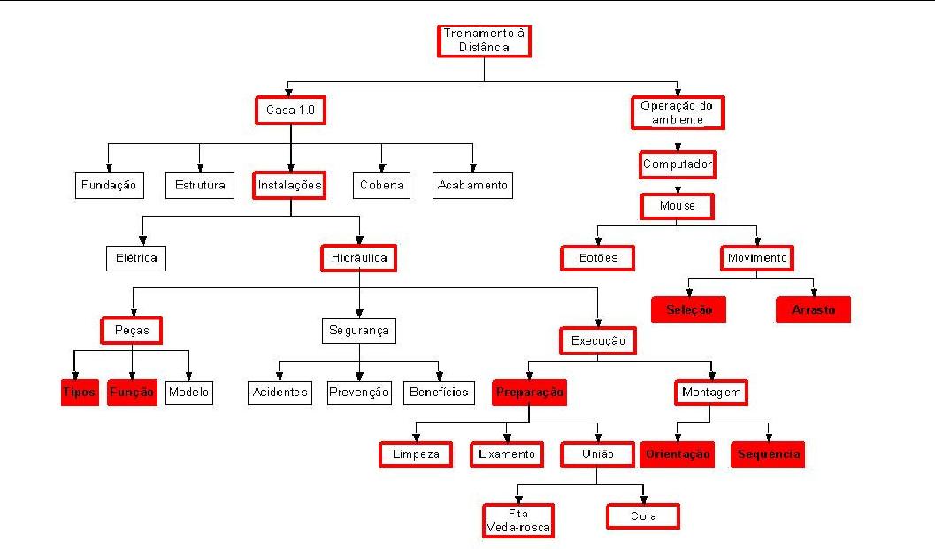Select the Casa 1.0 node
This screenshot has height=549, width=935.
(x=290, y=111)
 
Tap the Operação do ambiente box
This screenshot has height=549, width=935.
(x=678, y=112)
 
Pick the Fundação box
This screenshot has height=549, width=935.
(x=108, y=185)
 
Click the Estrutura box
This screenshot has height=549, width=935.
(x=200, y=185)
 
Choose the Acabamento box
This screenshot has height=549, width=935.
(x=473, y=185)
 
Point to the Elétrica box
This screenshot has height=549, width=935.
(x=136, y=258)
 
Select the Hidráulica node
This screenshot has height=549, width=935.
(x=358, y=258)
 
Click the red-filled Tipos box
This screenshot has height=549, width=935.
(x=80, y=392)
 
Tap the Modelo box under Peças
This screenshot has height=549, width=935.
(x=189, y=392)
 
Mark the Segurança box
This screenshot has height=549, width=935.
(x=358, y=332)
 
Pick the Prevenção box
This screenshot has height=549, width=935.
(x=358, y=392)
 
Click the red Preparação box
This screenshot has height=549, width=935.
(x=529, y=392)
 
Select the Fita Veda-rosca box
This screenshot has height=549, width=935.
(x=518, y=521)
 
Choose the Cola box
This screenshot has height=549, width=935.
(x=643, y=516)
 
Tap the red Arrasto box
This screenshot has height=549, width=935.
(x=813, y=309)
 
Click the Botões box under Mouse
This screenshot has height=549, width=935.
(x=597, y=258)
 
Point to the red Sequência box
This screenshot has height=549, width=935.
(x=768, y=454)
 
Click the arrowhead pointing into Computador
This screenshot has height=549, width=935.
(x=678, y=148)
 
